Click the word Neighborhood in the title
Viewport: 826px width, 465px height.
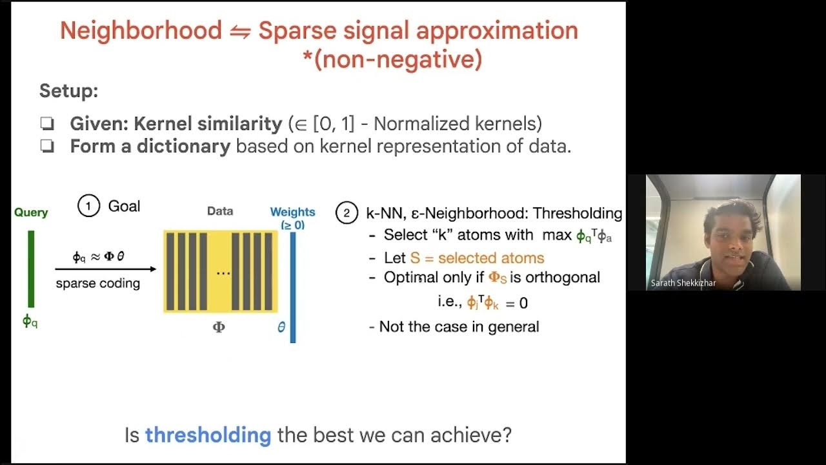click(x=141, y=31)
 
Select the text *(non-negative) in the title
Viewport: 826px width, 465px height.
click(x=392, y=59)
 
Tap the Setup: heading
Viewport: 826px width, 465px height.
click(x=68, y=90)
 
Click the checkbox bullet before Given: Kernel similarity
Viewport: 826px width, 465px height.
click(x=47, y=124)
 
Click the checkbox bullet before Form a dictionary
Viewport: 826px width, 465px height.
click(x=47, y=147)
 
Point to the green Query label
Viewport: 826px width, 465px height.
click(x=31, y=212)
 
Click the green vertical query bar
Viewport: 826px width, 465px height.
click(x=30, y=269)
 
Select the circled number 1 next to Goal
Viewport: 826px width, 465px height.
click(x=88, y=206)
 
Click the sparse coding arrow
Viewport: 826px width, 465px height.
click(x=105, y=269)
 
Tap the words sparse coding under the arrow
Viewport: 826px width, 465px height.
click(x=97, y=284)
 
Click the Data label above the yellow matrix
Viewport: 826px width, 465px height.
click(x=220, y=211)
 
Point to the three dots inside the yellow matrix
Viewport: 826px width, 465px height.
click(x=223, y=273)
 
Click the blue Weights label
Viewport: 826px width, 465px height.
click(x=292, y=212)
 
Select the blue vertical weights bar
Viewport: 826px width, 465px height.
click(x=293, y=287)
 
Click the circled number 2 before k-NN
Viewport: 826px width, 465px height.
click(x=347, y=213)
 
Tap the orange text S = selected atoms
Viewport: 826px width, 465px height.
click(x=477, y=258)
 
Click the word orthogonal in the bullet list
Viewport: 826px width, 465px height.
click(x=562, y=277)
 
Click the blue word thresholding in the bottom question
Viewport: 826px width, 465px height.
click(x=208, y=435)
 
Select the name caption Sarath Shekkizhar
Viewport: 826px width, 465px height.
click(x=683, y=283)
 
